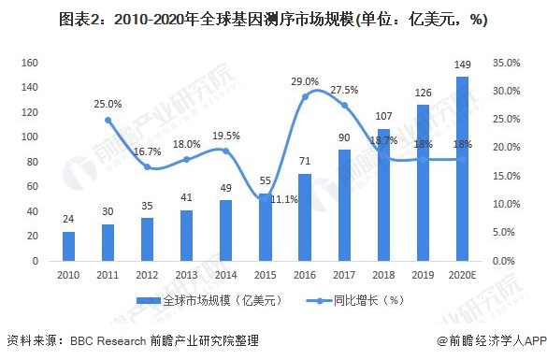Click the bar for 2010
tap(68, 246)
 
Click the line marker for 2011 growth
tap(108, 120)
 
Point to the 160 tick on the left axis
tap(28, 63)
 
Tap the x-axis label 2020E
tap(462, 275)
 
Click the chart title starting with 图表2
tap(272, 19)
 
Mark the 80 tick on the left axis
tap(31, 162)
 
